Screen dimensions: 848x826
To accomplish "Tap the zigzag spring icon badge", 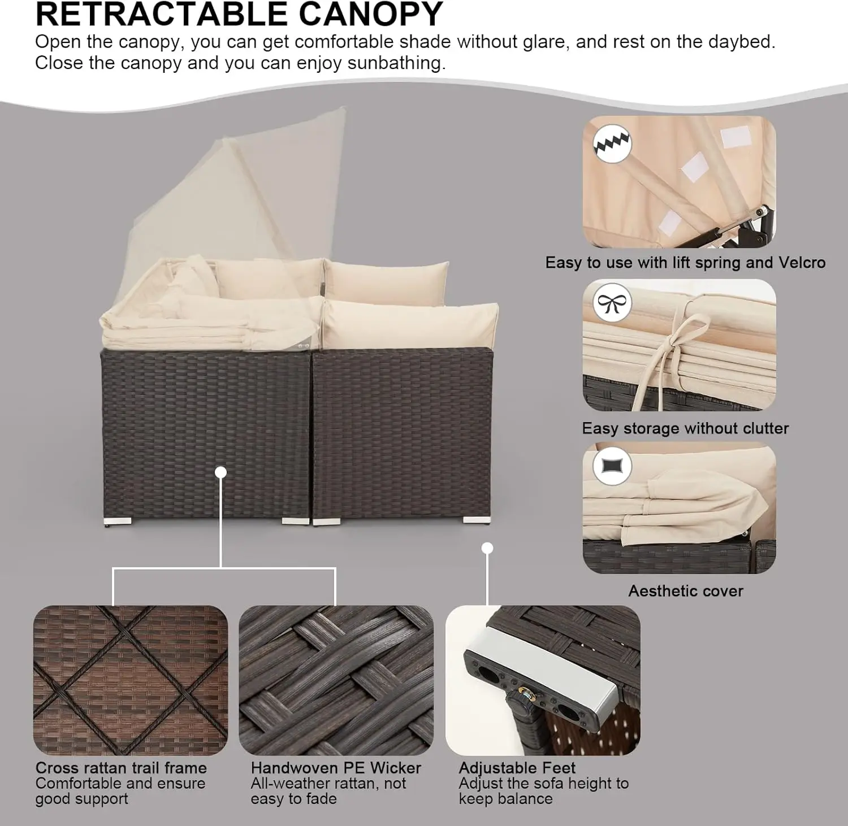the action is point(612,144).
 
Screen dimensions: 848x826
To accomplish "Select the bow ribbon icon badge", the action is point(612,305).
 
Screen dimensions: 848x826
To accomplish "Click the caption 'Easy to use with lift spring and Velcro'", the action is point(685,263).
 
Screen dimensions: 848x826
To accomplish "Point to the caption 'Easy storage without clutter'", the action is point(685,428).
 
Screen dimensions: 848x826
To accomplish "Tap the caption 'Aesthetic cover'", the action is point(686,591).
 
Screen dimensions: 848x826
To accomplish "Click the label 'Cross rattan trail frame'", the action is point(121,768).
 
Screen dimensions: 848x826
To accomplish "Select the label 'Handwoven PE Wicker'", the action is point(336,768).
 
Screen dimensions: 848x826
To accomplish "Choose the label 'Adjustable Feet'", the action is point(517,768).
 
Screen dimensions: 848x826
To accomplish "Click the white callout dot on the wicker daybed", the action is point(221,472).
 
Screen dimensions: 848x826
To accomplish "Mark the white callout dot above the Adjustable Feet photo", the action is point(488,548).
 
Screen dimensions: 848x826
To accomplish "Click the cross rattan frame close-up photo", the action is point(131,680).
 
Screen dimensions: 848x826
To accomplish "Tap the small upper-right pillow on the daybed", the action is point(386,281).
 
